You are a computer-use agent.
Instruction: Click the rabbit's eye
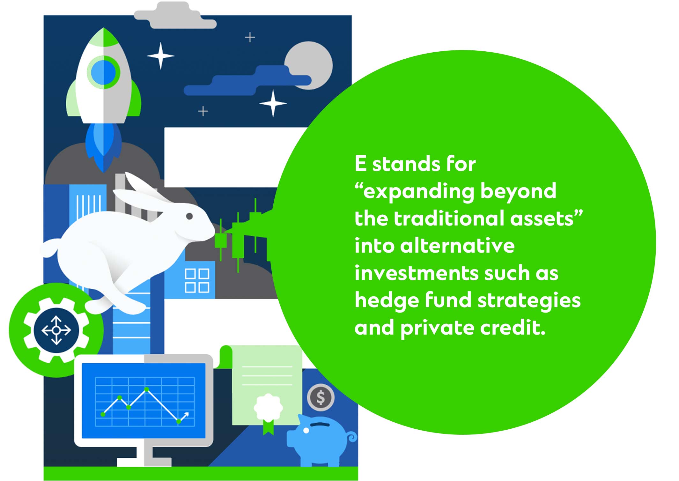click(189, 216)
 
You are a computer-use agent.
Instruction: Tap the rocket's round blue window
click(103, 72)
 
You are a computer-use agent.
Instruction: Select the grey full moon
click(309, 65)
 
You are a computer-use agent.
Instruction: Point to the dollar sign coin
click(321, 397)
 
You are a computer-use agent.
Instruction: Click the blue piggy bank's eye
click(306, 431)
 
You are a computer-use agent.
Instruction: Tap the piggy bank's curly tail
click(352, 436)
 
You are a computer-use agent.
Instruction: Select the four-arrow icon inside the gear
click(56, 330)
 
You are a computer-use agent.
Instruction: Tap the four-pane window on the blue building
click(197, 281)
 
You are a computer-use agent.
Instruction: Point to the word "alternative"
click(457, 246)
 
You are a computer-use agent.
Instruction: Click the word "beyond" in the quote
click(518, 191)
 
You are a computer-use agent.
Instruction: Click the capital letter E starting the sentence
click(360, 164)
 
